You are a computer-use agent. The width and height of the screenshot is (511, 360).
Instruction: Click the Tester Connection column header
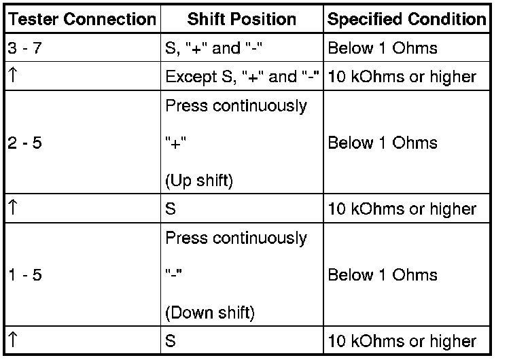click(81, 20)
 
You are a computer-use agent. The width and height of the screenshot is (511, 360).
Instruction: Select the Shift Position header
click(241, 20)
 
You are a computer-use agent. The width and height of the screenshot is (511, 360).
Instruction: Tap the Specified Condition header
click(407, 20)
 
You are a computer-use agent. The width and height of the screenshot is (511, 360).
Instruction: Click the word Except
click(187, 77)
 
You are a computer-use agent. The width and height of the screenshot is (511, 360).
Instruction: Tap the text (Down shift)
click(210, 313)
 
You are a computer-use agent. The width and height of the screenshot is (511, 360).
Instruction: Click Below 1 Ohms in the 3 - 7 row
click(383, 48)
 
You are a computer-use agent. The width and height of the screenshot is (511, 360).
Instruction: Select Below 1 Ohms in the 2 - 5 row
click(383, 143)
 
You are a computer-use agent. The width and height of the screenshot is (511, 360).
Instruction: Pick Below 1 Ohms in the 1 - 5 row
click(383, 275)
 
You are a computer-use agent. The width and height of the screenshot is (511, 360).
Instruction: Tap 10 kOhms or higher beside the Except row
click(402, 77)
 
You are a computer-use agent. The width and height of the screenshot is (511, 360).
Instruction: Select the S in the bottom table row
click(171, 341)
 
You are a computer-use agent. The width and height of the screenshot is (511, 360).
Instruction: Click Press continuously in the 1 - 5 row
click(236, 238)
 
